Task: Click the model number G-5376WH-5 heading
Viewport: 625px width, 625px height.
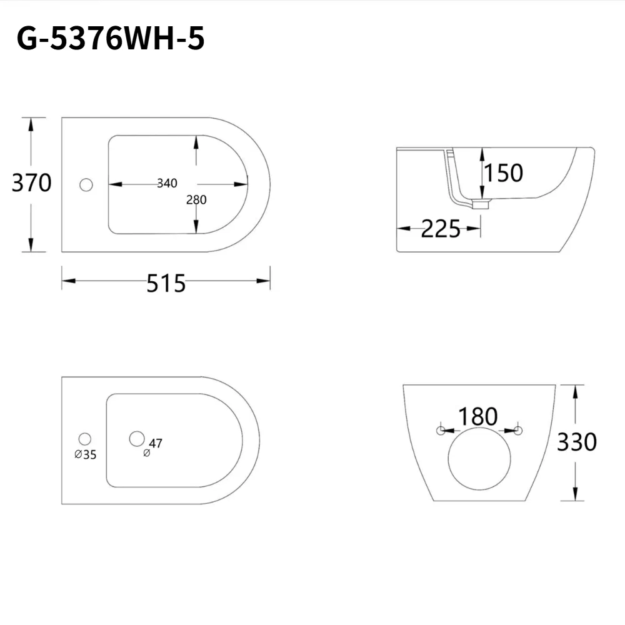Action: click(111, 39)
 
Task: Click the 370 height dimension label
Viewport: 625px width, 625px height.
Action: click(32, 183)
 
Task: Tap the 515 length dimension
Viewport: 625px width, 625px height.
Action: click(166, 284)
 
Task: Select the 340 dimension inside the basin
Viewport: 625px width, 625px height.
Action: click(167, 183)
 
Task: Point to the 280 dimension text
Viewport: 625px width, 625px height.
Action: click(196, 200)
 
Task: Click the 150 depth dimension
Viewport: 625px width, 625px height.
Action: click(503, 172)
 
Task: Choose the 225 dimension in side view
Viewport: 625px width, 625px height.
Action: click(440, 229)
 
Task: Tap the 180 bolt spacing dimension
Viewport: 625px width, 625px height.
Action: click(478, 416)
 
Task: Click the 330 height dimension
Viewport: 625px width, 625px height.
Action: click(576, 442)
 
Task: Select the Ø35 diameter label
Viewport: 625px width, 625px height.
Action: click(86, 455)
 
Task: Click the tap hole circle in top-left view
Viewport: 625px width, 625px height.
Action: click(86, 184)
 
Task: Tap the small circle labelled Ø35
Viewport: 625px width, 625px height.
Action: click(85, 439)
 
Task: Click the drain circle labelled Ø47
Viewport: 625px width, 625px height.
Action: click(136, 439)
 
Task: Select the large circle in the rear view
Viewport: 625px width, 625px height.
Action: click(479, 458)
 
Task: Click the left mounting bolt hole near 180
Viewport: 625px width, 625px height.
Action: click(441, 430)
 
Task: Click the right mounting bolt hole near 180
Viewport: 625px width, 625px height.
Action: click(517, 430)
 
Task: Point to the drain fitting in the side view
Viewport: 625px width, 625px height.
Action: click(480, 204)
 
